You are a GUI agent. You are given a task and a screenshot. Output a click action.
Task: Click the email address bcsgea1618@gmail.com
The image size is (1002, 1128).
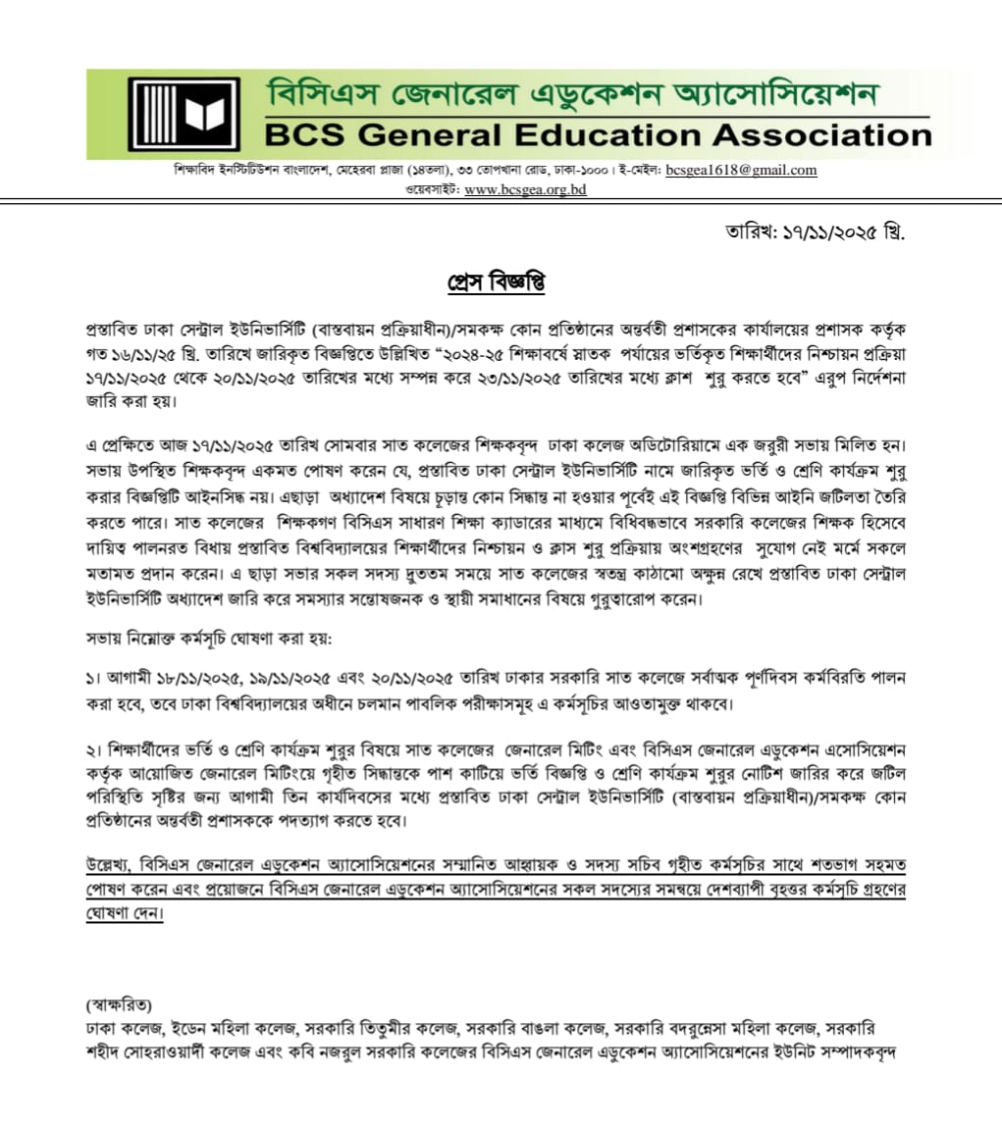click(x=741, y=170)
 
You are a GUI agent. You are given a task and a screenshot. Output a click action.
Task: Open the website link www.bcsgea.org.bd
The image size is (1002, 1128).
click(x=525, y=189)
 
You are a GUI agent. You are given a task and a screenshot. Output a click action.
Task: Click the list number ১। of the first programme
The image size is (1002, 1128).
click(x=93, y=679)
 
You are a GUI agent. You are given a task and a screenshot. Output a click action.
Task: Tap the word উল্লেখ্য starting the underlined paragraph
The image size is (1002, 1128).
click(x=110, y=865)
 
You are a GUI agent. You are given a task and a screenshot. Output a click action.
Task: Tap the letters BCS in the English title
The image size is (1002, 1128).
click(x=299, y=134)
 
